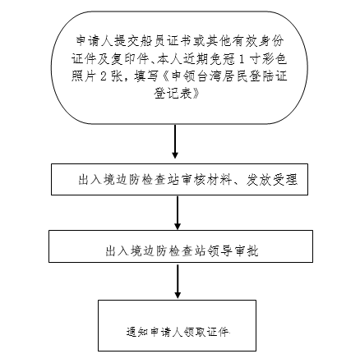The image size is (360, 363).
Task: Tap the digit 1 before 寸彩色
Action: coord(241,59)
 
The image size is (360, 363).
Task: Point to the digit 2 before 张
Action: coord(103,76)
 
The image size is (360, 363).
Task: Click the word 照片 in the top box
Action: coord(84,76)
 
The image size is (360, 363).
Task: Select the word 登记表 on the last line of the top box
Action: coord(173,94)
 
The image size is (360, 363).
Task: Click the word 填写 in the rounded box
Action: coord(145,76)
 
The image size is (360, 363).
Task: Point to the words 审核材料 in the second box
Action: coord(207,180)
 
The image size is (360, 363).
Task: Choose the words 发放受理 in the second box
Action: coord(271,180)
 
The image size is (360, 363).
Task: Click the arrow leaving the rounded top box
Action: coord(175,141)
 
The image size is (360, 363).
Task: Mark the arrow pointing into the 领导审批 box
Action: coord(178,213)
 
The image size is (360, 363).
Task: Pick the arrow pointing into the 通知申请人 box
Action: coord(178,281)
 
